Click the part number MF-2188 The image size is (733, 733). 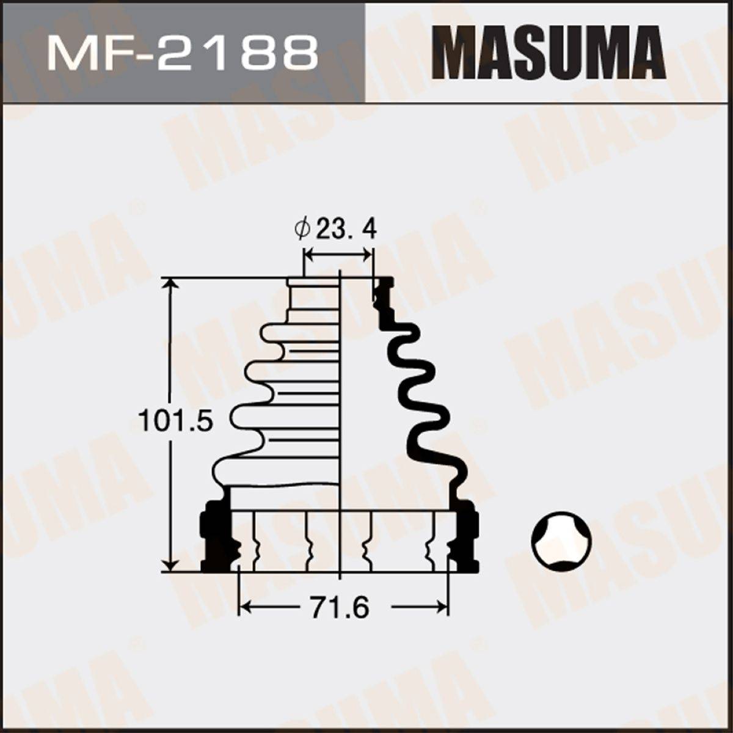coord(182,54)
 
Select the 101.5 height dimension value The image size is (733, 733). coord(175,420)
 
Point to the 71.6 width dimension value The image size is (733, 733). coord(340,607)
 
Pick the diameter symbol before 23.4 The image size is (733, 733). coord(303,230)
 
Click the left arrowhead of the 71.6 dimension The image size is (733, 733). coord(246,607)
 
